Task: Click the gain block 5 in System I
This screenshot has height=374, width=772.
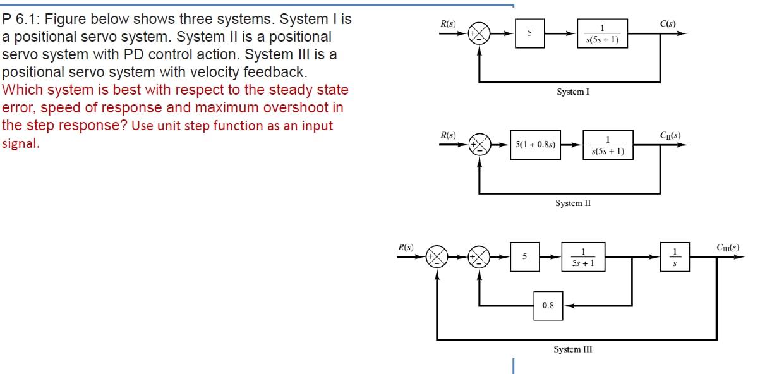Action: tap(529, 33)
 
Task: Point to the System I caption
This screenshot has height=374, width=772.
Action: tap(573, 92)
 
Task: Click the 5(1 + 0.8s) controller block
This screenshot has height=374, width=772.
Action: tap(535, 145)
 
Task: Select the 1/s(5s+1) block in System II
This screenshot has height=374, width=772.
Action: tap(607, 146)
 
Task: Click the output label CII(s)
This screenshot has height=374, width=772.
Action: tap(670, 135)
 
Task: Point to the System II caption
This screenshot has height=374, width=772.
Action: tap(573, 203)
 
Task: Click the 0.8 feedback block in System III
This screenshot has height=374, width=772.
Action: tap(548, 305)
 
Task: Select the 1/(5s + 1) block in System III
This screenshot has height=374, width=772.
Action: tap(583, 257)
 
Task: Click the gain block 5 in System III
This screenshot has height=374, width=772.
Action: tap(524, 256)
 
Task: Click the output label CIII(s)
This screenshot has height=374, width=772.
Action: tap(728, 248)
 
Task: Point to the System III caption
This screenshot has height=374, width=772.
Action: tap(573, 349)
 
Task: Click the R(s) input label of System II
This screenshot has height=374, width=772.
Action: tap(448, 135)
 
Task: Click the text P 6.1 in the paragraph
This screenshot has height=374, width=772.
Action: tap(21, 20)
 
